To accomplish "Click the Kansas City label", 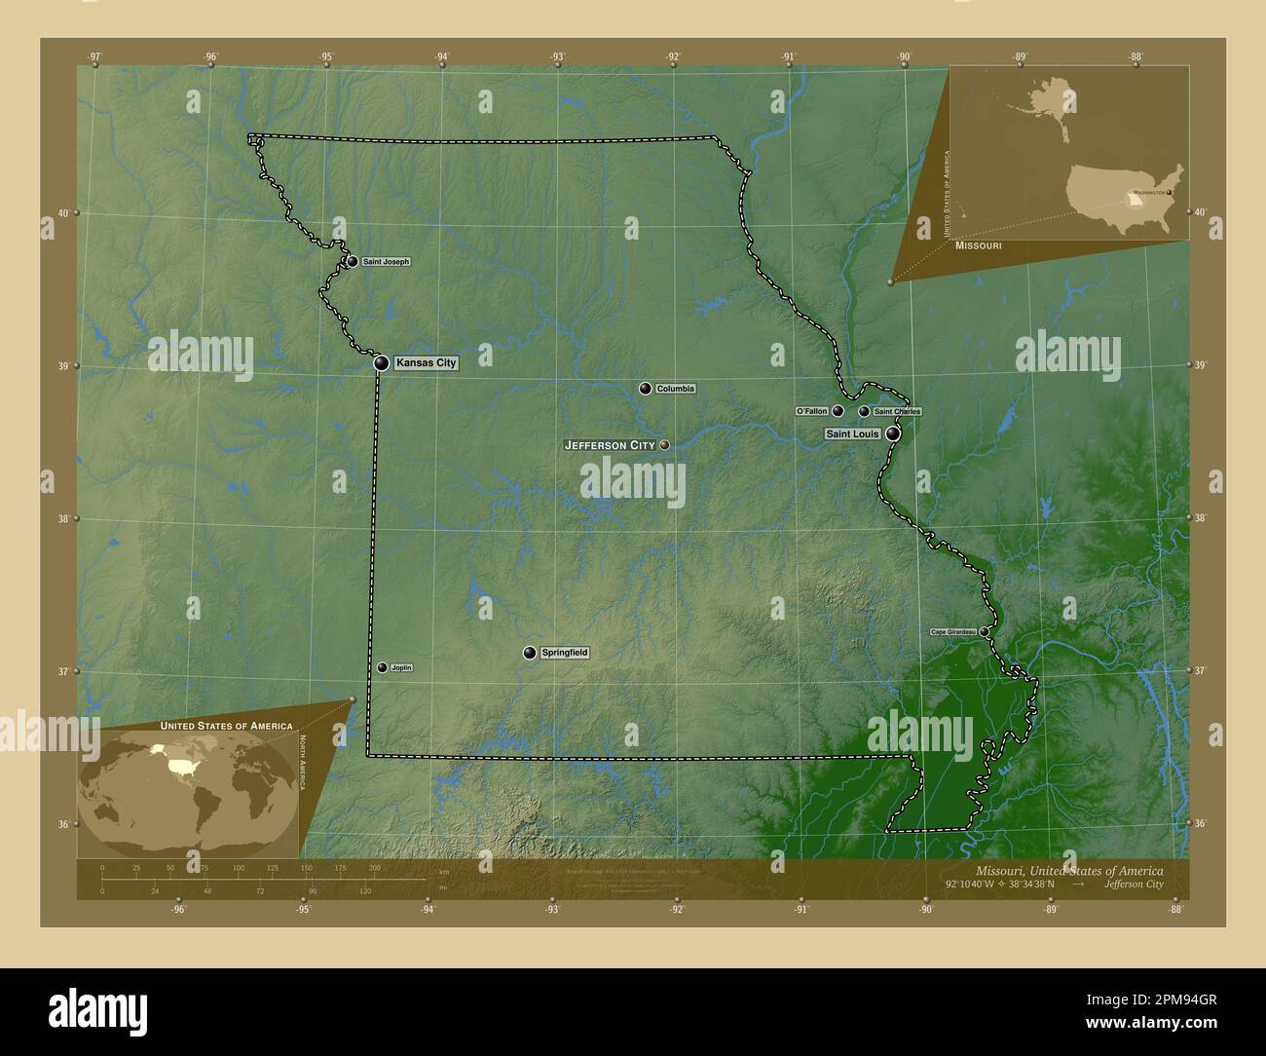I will click(x=426, y=362).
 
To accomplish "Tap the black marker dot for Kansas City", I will click(x=382, y=362).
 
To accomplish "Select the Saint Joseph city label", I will click(x=386, y=262).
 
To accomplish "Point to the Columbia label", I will click(x=675, y=389).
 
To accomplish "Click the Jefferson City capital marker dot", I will click(x=665, y=444).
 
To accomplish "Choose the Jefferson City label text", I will click(x=610, y=445).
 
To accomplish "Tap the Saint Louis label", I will click(x=852, y=434).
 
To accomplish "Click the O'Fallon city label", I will click(x=812, y=411).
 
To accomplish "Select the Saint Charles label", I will click(x=897, y=412).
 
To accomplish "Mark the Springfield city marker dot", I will click(x=530, y=653).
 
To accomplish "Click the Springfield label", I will click(x=565, y=653).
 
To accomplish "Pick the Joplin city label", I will click(x=400, y=667).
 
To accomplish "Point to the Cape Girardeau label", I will click(x=952, y=632).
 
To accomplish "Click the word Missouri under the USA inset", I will click(x=978, y=247).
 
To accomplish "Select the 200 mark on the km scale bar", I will click(x=374, y=867).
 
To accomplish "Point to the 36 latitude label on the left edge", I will click(x=63, y=824).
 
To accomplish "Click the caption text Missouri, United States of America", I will click(x=1068, y=870).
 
